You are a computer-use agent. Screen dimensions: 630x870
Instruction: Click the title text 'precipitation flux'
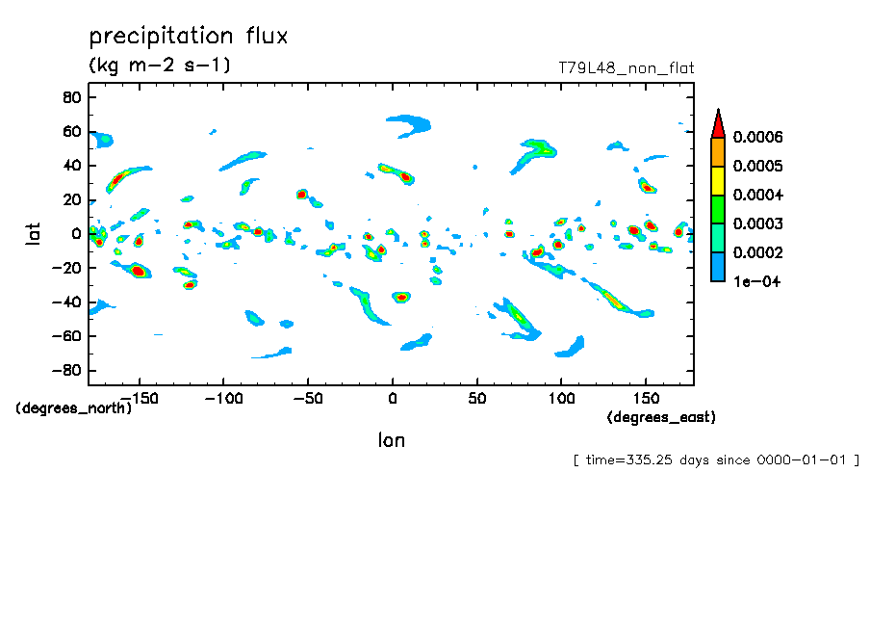click(189, 38)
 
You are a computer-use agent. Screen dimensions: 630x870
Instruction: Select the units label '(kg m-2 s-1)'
click(159, 66)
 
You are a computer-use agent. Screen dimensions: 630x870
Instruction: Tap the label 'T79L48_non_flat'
click(626, 68)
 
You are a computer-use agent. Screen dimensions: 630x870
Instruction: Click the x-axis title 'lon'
click(391, 441)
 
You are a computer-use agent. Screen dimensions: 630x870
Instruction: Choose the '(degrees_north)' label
click(74, 407)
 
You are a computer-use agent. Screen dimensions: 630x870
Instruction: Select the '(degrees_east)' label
click(661, 417)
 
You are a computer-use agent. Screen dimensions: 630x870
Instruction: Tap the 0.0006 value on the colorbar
click(757, 137)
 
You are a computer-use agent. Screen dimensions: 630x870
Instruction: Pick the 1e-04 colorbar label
click(756, 282)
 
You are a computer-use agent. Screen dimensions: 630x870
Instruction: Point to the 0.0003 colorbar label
click(757, 224)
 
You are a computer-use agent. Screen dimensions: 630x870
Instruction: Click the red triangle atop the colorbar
click(717, 123)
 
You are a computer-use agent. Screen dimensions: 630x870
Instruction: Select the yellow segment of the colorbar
click(717, 180)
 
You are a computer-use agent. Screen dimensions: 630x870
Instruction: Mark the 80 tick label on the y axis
click(70, 97)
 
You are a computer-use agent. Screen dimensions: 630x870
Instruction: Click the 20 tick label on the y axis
click(70, 199)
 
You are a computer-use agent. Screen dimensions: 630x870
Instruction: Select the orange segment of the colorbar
click(717, 151)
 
